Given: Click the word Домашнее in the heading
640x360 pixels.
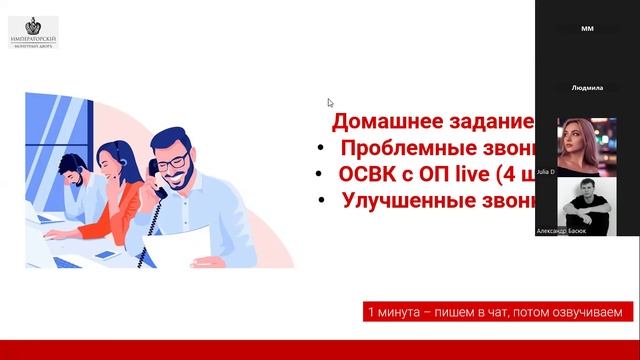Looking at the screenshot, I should [x=375, y=123].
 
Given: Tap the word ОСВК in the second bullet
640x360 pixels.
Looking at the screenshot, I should [x=369, y=173].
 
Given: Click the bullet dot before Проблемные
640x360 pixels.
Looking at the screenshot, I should [x=319, y=149].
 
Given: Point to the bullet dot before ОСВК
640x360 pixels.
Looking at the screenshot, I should [x=319, y=174].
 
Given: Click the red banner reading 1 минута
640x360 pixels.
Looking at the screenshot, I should [x=496, y=313].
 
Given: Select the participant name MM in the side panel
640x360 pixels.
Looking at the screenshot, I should [x=587, y=29].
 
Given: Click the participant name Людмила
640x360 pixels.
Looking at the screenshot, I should [x=587, y=88].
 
